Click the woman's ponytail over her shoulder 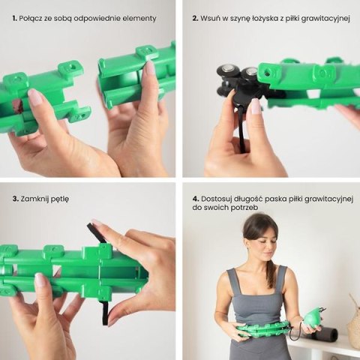(270, 274)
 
